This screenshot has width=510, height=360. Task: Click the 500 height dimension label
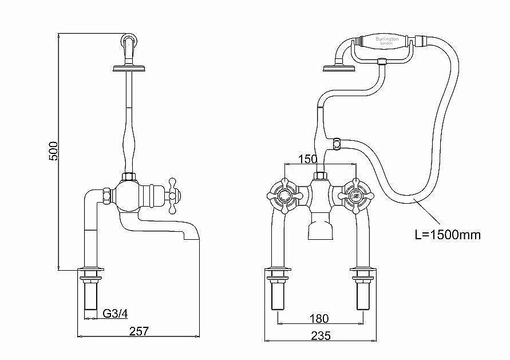pyautogui.click(x=53, y=151)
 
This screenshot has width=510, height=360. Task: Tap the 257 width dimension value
pyautogui.click(x=139, y=331)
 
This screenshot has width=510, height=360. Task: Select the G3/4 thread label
pyautogui.click(x=115, y=313)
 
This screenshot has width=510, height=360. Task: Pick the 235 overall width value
pyautogui.click(x=321, y=336)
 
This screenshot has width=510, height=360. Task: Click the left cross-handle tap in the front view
pyautogui.click(x=283, y=197)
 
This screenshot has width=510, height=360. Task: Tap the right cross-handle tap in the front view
pyautogui.click(x=356, y=197)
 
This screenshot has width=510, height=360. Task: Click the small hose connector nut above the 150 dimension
pyautogui.click(x=337, y=140)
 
